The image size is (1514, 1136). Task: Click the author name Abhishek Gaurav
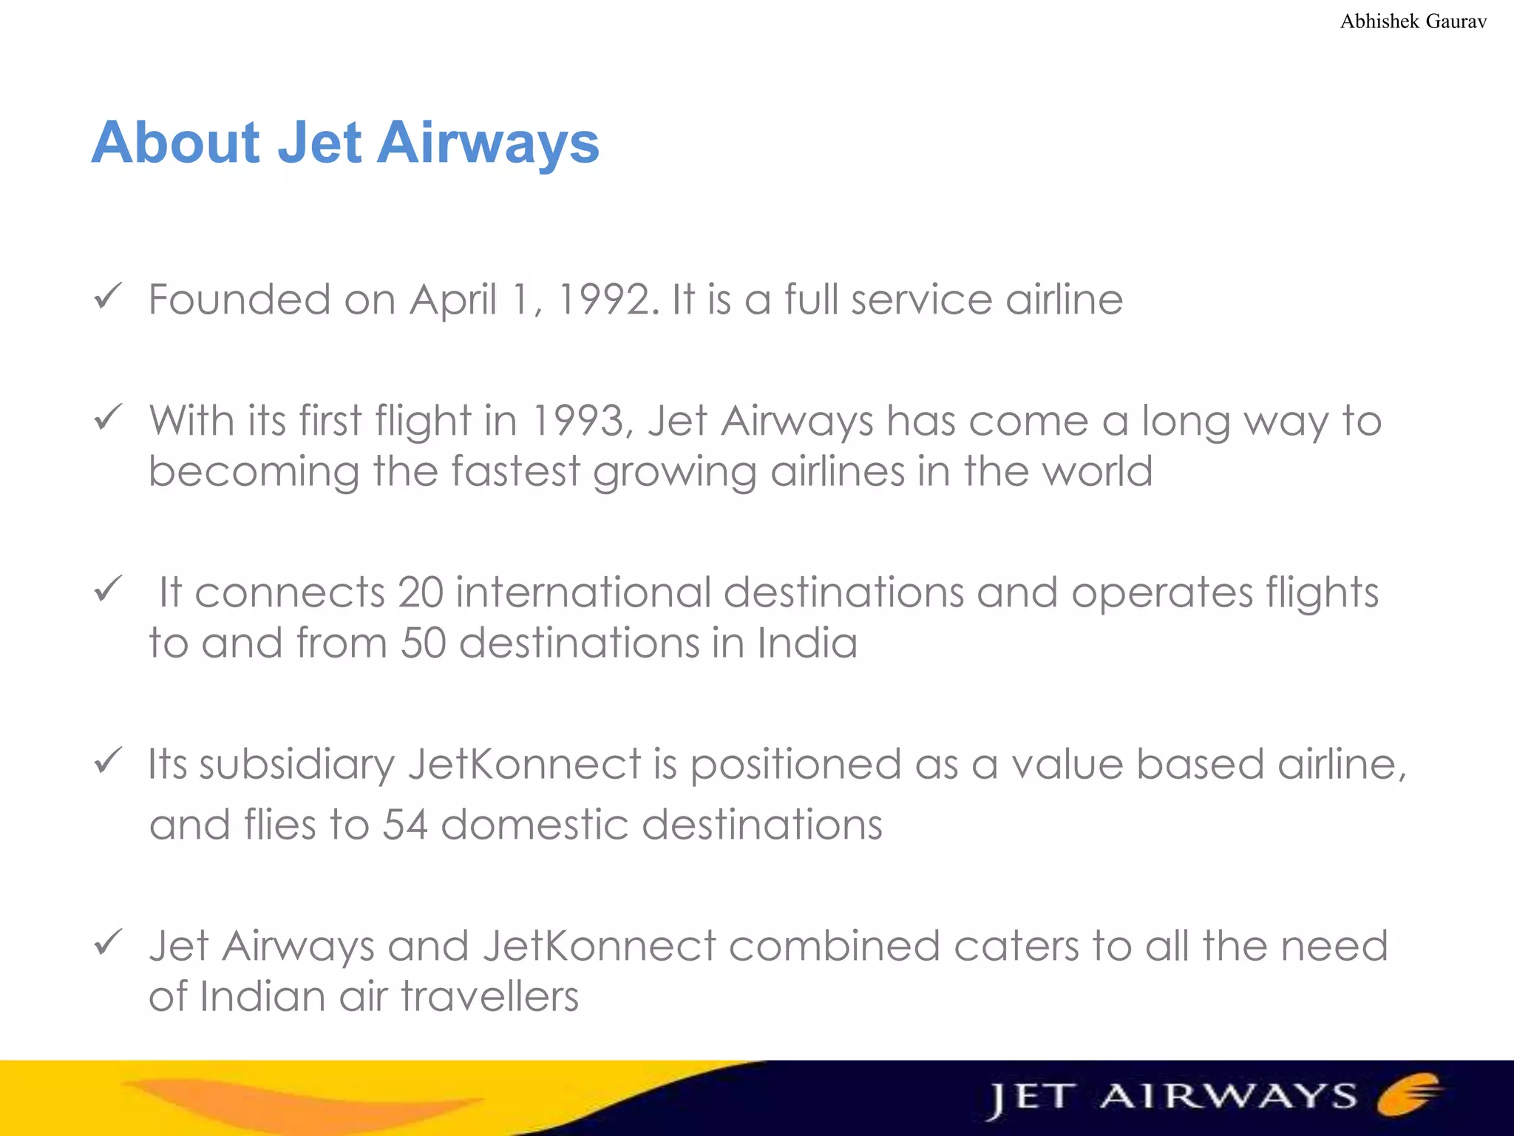pyautogui.click(x=1413, y=21)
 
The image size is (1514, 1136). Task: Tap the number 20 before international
pyautogui.click(x=420, y=593)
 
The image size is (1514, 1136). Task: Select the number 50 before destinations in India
pyautogui.click(x=423, y=643)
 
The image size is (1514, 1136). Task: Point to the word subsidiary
pyautogui.click(x=297, y=765)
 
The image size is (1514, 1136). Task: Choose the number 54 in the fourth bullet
pyautogui.click(x=405, y=825)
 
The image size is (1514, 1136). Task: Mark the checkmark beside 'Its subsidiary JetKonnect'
pyautogui.click(x=108, y=761)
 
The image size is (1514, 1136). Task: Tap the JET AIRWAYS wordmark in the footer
pyautogui.click(x=1172, y=1098)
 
